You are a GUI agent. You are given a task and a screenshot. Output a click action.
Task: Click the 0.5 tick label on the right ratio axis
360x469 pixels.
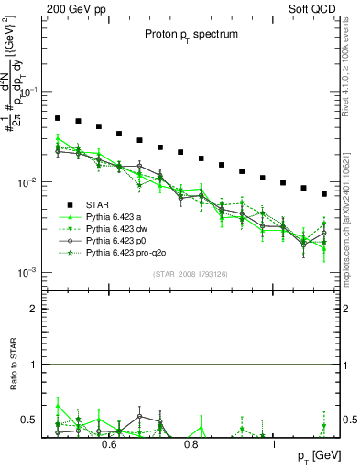[350, 420]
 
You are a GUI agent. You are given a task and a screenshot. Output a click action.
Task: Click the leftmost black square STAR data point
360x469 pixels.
[57, 118]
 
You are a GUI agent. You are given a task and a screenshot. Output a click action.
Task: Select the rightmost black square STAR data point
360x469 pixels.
[324, 194]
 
